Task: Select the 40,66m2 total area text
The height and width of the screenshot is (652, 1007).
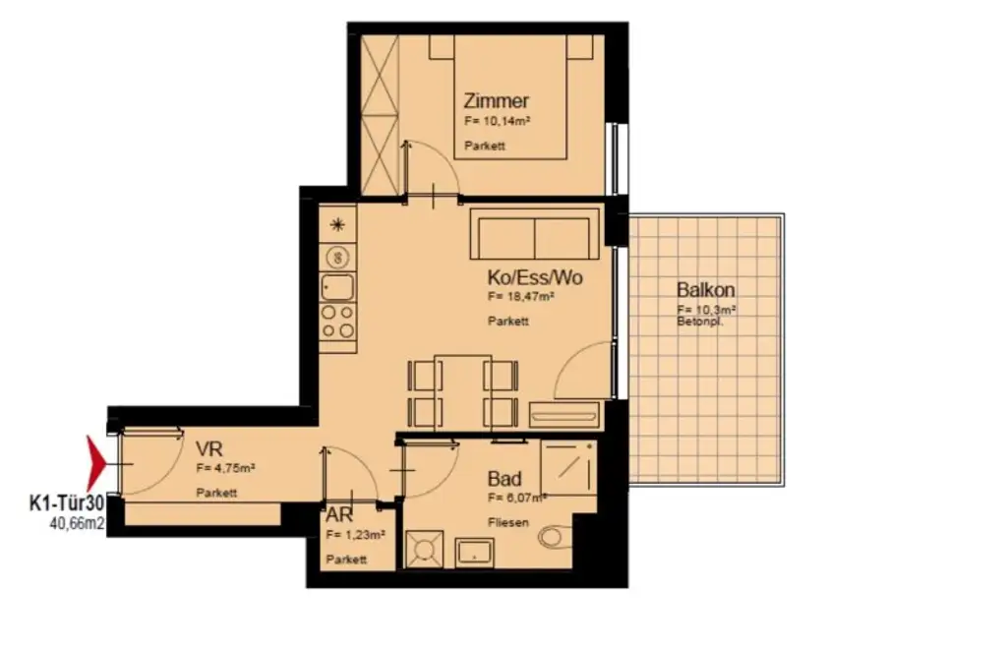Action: click(x=78, y=524)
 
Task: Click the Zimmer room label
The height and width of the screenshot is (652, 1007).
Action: click(x=497, y=100)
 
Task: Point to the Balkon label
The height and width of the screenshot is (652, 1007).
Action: click(x=705, y=290)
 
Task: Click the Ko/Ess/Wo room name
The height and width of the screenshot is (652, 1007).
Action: click(x=535, y=277)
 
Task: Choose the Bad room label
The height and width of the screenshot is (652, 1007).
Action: click(x=504, y=479)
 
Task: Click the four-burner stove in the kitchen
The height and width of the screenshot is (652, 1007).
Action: click(x=338, y=322)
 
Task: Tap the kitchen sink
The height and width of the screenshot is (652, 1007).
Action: click(x=337, y=288)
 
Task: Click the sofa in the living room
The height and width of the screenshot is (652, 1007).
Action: click(x=533, y=234)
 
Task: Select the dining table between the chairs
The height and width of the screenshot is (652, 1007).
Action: click(x=462, y=390)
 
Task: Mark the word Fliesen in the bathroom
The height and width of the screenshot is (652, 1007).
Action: click(x=509, y=522)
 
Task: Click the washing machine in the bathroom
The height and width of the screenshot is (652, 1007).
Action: click(x=425, y=549)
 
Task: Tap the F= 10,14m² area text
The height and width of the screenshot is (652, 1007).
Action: click(x=497, y=122)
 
